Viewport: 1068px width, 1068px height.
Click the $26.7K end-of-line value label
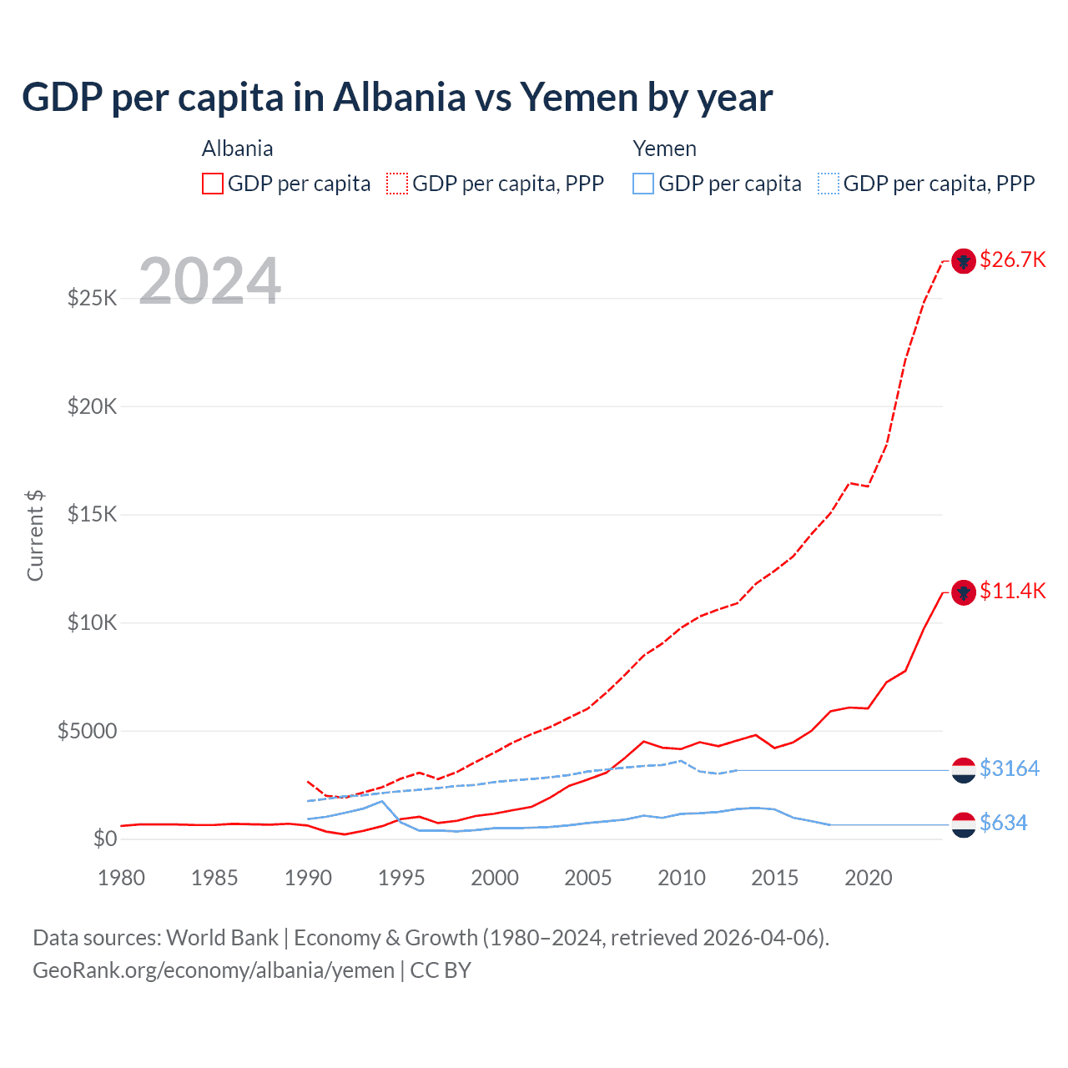(1012, 260)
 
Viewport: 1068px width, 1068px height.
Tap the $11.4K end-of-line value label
(1012, 592)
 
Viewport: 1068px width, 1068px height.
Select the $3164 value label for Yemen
(1010, 768)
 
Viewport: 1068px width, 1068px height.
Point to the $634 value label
(1003, 824)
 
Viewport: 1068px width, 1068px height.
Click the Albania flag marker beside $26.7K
(964, 261)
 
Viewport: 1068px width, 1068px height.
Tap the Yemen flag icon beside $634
(964, 824)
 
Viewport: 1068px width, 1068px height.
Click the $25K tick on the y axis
(92, 298)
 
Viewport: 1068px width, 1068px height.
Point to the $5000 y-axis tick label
(87, 732)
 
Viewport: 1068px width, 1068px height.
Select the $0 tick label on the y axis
(104, 839)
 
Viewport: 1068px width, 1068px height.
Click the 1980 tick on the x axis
(121, 879)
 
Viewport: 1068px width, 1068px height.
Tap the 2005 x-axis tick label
(588, 879)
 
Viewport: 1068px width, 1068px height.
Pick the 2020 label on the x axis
(869, 879)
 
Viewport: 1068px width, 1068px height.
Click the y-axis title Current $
(35, 536)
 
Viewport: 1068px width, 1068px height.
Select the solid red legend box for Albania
(213, 184)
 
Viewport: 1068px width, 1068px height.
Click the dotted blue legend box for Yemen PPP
(829, 184)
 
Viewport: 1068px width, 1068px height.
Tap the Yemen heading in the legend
(664, 149)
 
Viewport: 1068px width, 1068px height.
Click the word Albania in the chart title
(400, 98)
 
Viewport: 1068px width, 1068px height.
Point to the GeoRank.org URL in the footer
(214, 970)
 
